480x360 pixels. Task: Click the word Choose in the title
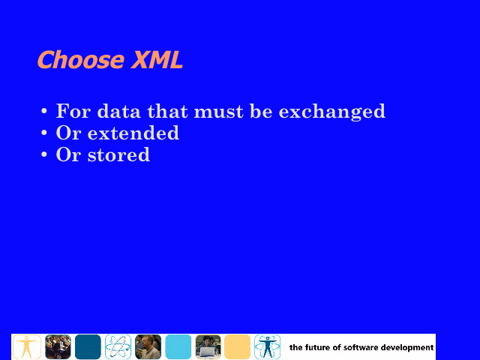(x=81, y=59)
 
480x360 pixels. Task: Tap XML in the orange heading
(x=157, y=59)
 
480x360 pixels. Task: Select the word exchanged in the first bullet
(x=332, y=111)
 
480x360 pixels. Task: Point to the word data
(x=118, y=111)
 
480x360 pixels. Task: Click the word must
(x=219, y=112)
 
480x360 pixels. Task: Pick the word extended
(x=133, y=133)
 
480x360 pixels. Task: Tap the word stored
(x=118, y=154)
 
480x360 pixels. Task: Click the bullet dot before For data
(x=44, y=111)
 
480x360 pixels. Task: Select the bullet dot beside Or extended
(x=44, y=133)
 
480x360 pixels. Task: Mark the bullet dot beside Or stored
(x=44, y=154)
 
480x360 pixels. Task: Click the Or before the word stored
(x=68, y=154)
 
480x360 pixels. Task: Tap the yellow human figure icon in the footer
(x=27, y=346)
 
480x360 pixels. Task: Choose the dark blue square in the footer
(x=88, y=346)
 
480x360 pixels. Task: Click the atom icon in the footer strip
(x=118, y=346)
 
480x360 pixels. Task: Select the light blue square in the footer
(x=178, y=346)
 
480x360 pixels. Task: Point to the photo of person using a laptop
(x=208, y=346)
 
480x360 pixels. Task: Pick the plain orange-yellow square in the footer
(x=237, y=346)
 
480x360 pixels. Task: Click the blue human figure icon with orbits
(x=267, y=346)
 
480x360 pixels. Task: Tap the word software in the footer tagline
(x=361, y=347)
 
